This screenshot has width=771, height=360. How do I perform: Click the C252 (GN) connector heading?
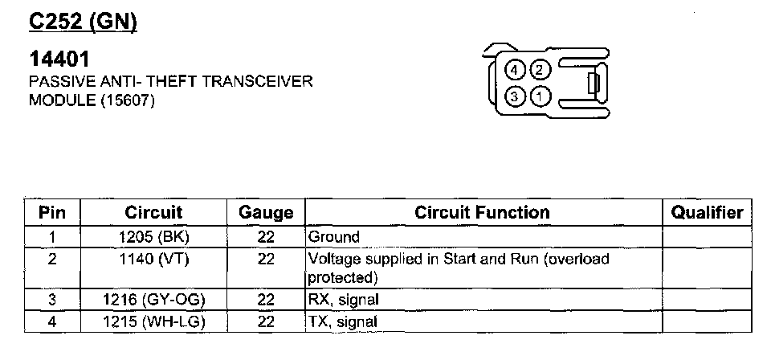pyautogui.click(x=84, y=21)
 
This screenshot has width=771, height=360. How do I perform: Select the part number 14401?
pyautogui.click(x=59, y=59)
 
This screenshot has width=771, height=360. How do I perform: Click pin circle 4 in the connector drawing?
pyautogui.click(x=515, y=70)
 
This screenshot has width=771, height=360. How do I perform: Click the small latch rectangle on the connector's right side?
pyautogui.click(x=594, y=84)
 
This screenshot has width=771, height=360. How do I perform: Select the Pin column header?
pyautogui.click(x=52, y=213)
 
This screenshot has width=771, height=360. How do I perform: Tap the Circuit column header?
pyautogui.click(x=153, y=213)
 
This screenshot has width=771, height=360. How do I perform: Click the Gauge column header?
pyautogui.click(x=266, y=213)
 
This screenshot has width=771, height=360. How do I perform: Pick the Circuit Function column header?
pyautogui.click(x=482, y=213)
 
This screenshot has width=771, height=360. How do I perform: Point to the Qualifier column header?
pyautogui.click(x=707, y=213)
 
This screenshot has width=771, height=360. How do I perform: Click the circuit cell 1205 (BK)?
pyautogui.click(x=154, y=237)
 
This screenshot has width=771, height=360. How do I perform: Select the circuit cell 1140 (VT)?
pyautogui.click(x=154, y=260)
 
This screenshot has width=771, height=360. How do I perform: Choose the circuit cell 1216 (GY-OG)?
pyautogui.click(x=154, y=301)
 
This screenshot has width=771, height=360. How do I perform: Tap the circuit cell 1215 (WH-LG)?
pyautogui.click(x=154, y=321)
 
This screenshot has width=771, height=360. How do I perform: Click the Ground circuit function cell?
pyautogui.click(x=334, y=237)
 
